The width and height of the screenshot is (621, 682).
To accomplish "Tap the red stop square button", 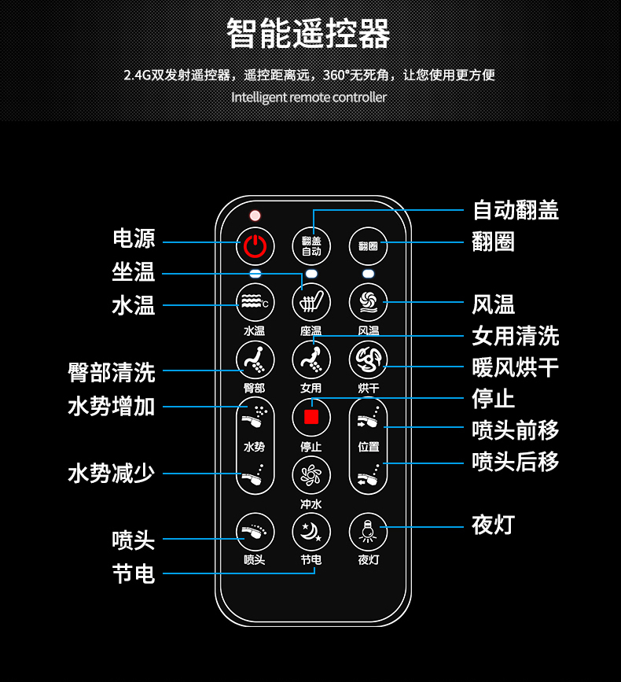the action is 311,417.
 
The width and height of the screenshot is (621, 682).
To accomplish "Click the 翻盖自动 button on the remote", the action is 311,246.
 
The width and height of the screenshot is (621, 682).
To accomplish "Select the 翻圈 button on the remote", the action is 368,246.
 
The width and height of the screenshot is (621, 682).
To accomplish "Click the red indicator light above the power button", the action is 255,216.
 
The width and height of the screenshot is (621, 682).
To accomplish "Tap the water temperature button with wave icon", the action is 255,302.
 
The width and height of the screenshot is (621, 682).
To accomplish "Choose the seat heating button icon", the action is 311,302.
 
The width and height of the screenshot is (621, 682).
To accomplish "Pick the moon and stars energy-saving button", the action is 311,532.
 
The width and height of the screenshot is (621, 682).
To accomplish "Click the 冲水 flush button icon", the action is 311,474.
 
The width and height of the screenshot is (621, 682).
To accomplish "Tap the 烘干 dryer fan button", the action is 368,359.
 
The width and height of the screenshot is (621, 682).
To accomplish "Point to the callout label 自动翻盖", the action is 516,210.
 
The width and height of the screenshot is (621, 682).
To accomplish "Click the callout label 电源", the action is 134,238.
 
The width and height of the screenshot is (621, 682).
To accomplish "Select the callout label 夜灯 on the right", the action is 493,525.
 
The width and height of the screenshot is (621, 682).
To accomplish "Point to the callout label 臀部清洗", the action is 112,372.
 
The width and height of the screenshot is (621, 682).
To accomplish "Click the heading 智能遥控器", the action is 308,33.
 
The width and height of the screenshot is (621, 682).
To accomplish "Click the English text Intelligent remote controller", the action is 309,97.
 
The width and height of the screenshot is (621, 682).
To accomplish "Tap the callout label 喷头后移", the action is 516,462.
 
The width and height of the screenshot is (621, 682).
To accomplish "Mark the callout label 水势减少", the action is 112,474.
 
